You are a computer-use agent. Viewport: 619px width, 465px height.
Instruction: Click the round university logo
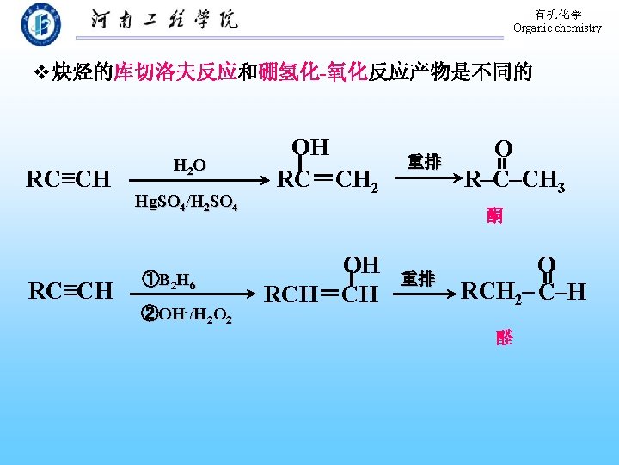(41, 25)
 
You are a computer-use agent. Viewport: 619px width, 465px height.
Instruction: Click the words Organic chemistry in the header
(557, 28)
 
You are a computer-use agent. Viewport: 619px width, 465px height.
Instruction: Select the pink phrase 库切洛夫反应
(175, 72)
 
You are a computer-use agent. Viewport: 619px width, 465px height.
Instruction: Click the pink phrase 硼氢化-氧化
(313, 72)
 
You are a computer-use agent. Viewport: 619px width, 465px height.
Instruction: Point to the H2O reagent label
(189, 165)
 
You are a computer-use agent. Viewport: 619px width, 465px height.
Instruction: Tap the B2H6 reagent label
(173, 280)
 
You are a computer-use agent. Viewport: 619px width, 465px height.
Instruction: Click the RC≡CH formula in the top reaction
(69, 180)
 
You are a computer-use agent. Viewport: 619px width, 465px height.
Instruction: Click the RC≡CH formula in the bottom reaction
(70, 291)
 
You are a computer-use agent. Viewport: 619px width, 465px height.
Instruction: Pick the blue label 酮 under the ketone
(494, 215)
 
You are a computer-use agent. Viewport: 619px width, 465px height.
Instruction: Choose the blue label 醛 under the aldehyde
(504, 338)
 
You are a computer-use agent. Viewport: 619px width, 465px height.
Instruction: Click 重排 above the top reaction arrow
(424, 162)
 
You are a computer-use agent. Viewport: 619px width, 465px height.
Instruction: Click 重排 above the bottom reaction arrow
(419, 280)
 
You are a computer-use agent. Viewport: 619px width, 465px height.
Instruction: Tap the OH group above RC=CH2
(311, 147)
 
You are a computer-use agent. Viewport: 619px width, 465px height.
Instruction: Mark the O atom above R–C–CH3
(503, 148)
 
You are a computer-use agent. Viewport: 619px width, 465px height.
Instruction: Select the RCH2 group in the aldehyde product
(493, 293)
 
